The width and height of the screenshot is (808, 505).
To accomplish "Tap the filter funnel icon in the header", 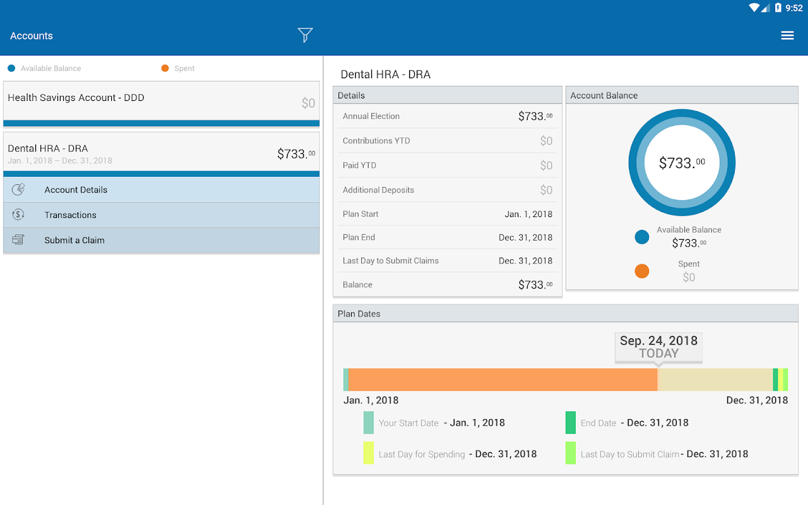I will click(x=305, y=35).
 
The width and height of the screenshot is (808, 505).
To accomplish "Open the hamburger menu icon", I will click(x=787, y=35).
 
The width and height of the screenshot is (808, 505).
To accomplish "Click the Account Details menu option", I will click(x=76, y=189).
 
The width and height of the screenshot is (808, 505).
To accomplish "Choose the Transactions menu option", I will click(x=70, y=215).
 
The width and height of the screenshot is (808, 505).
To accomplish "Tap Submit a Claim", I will click(x=74, y=240).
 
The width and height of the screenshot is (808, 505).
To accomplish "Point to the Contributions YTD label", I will click(x=376, y=141).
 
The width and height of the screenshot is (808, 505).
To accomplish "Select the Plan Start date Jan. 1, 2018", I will click(x=528, y=214).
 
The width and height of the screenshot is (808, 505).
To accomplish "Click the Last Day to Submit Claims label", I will click(x=390, y=261).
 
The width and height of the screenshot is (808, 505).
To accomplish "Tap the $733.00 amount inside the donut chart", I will click(x=682, y=163).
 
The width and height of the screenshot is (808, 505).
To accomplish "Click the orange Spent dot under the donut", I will click(x=642, y=271).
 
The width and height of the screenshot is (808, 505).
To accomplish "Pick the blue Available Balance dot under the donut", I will click(x=642, y=237).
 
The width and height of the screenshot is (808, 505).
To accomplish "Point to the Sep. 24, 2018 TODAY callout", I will click(x=658, y=347).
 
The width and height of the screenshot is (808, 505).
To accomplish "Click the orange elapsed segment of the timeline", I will click(x=502, y=380).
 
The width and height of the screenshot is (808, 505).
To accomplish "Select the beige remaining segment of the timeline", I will click(x=715, y=380).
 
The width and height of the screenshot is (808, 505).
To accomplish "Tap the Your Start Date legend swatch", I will click(x=369, y=423).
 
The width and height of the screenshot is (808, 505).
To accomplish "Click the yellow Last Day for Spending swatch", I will click(x=369, y=453).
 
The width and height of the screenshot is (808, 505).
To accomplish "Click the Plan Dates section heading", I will click(x=359, y=314).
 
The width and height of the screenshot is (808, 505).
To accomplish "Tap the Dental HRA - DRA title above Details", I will click(x=385, y=74).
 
